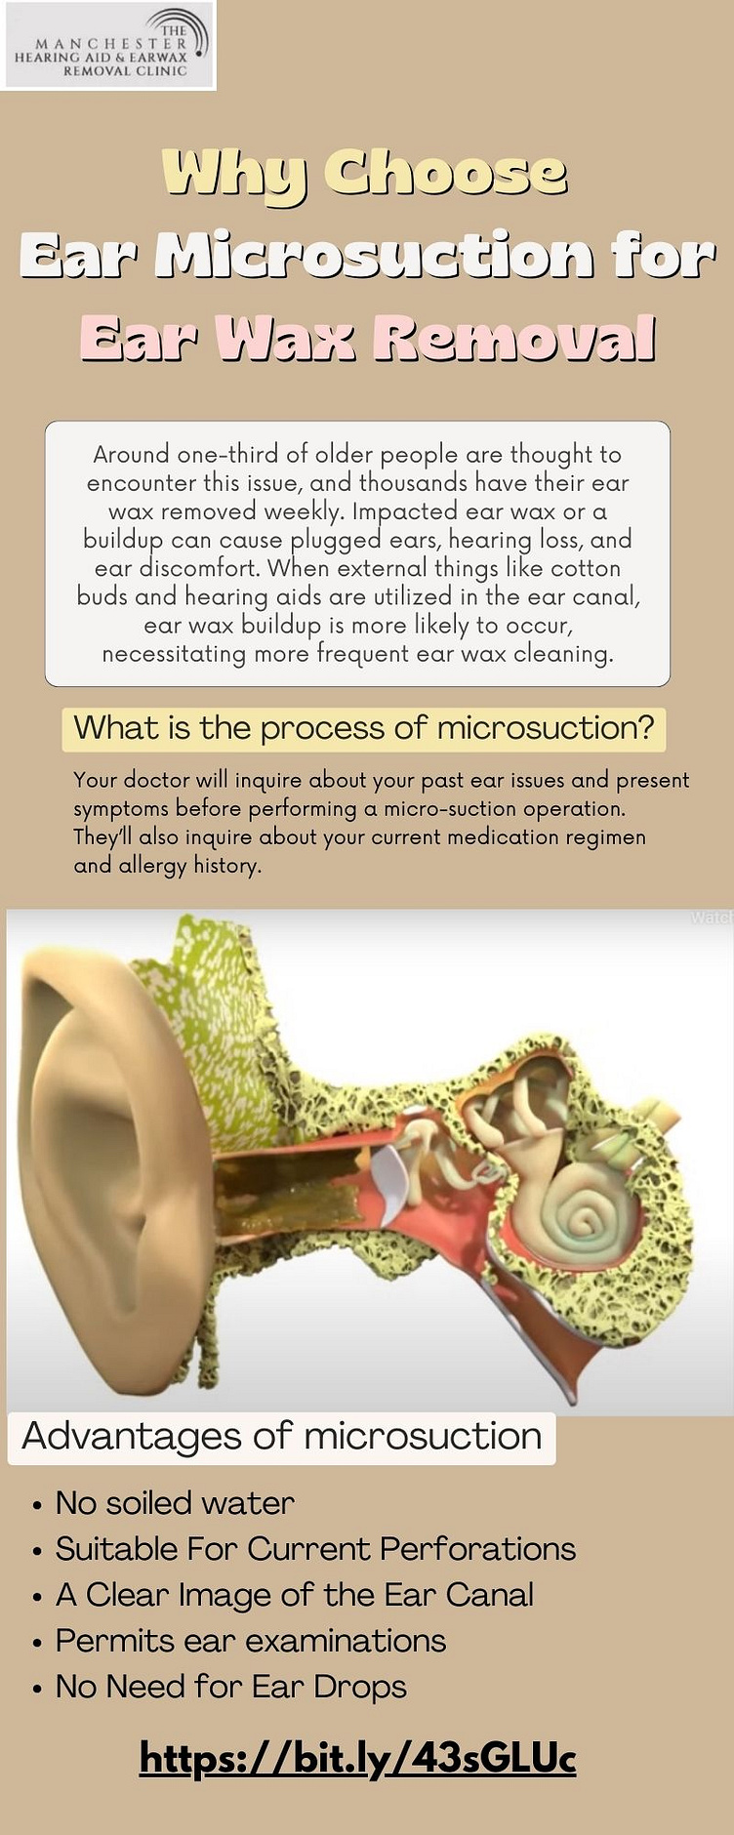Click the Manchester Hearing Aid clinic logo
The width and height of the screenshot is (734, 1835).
[x=108, y=45]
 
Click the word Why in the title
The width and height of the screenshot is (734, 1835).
[x=233, y=174]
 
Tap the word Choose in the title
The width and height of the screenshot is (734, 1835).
[x=445, y=172]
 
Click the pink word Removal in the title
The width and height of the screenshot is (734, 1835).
[x=514, y=340]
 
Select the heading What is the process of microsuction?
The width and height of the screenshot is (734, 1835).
[x=364, y=728]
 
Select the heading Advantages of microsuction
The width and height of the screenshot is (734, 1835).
[x=281, y=1437]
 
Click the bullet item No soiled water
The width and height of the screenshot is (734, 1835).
[x=175, y=1503]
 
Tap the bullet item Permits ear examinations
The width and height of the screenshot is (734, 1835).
[x=251, y=1641]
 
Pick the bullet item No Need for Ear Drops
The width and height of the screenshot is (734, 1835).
[x=231, y=1687]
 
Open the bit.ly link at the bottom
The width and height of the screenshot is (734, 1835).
[x=358, y=1759]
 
